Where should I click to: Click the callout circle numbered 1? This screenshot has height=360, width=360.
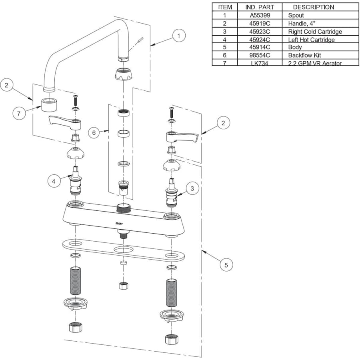[x=179, y=36]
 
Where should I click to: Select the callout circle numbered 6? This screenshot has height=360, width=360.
[x=94, y=132]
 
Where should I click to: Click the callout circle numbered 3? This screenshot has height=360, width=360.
[x=192, y=188]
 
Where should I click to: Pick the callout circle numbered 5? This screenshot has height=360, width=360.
[x=226, y=264]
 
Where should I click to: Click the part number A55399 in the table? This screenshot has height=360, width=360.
[x=260, y=15]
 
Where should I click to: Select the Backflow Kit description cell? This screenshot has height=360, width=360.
[x=304, y=55]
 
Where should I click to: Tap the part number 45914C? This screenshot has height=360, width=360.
[x=260, y=47]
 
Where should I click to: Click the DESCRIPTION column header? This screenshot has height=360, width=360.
[x=313, y=7]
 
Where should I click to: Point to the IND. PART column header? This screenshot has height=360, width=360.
[x=260, y=7]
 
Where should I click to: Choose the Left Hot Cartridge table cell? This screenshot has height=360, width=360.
[x=311, y=39]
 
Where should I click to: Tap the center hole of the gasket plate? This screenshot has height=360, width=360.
[x=123, y=250]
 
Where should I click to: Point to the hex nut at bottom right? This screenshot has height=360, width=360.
[x=171, y=339]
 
